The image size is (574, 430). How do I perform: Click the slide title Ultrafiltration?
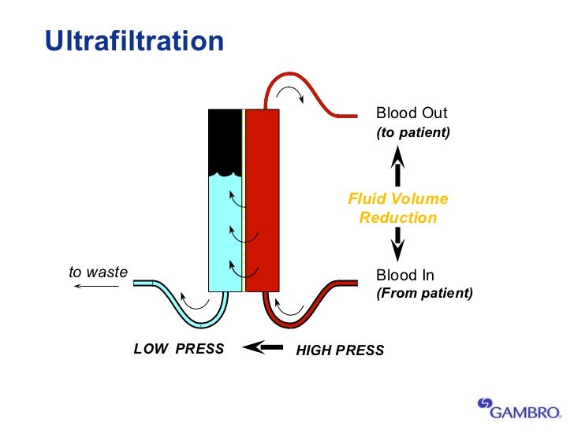pos(134,41)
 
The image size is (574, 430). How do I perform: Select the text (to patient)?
pos(413,132)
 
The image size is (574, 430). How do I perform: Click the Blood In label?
pos(405,275)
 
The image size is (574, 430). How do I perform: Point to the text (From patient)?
pos(424,294)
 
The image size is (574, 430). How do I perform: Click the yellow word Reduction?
pos(398,218)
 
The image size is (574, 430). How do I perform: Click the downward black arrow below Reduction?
pos(398,245)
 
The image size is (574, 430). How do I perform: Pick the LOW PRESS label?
pos(179,349)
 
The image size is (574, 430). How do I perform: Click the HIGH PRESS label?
pos(340,350)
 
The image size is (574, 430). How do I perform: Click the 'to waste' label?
pos(98,272)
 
